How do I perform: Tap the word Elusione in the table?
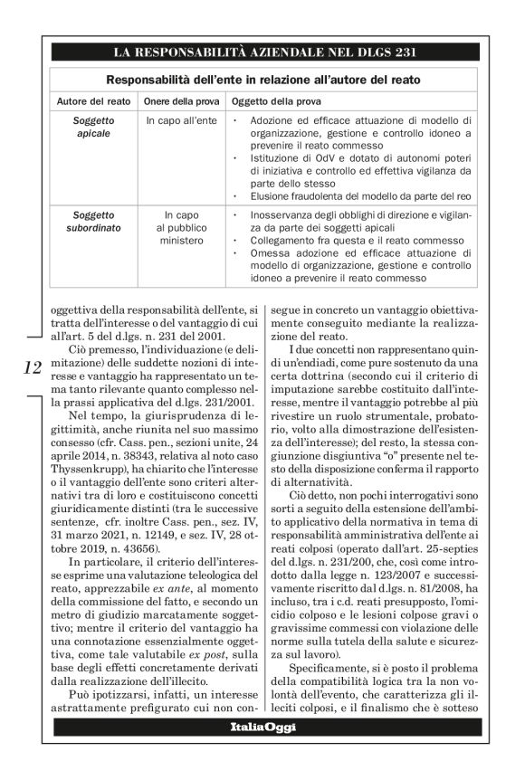coord(271,195)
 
